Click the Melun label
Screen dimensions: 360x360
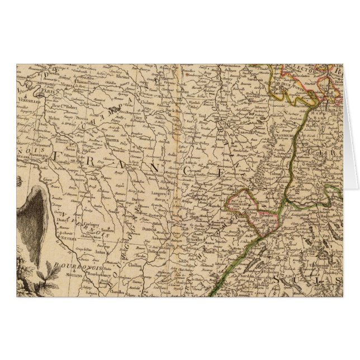[55, 119]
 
